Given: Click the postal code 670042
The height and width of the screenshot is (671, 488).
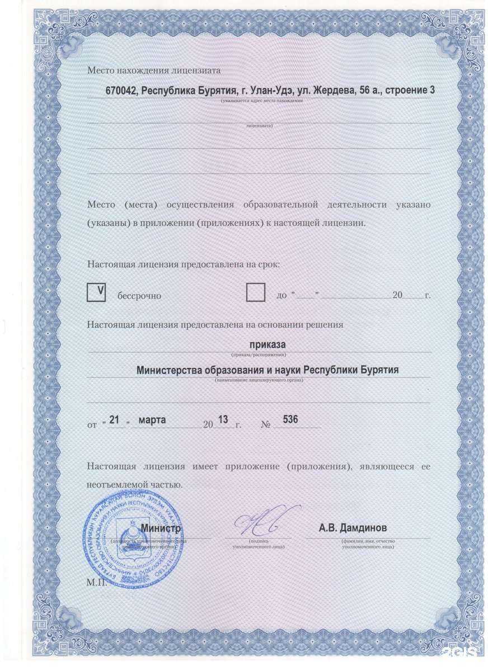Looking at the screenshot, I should (121, 91).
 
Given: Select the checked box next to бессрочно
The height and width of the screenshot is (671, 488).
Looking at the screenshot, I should (96, 292).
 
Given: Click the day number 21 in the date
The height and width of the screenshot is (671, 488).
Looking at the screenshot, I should (115, 419).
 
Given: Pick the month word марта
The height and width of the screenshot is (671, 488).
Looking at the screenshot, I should (152, 419).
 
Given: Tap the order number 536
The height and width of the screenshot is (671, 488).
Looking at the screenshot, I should (290, 419).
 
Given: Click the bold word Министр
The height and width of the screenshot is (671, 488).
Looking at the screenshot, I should (161, 528).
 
